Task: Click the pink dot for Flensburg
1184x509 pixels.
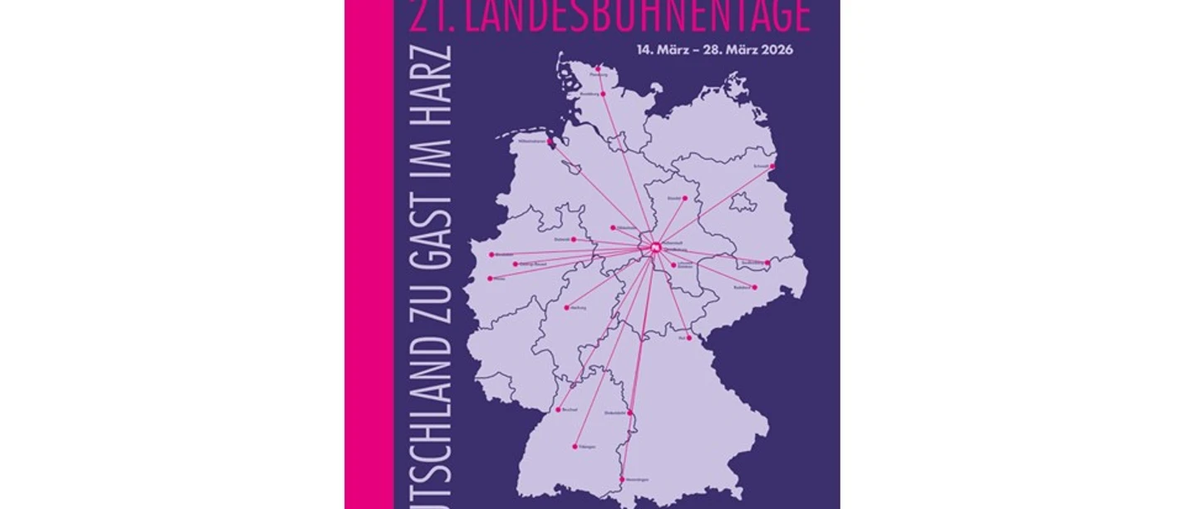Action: click(x=598, y=68)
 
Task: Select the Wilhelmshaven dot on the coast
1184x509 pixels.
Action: click(x=550, y=141)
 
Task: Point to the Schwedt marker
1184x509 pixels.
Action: click(x=772, y=166)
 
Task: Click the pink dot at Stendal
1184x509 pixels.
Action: click(x=685, y=198)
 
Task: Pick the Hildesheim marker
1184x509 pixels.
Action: click(x=613, y=227)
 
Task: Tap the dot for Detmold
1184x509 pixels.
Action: click(x=573, y=240)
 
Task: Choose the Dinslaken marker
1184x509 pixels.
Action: click(x=491, y=254)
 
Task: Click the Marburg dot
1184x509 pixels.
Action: click(x=566, y=308)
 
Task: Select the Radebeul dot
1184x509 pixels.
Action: click(x=754, y=288)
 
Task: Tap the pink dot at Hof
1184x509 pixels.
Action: click(x=688, y=338)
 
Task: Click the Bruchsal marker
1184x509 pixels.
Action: click(x=558, y=409)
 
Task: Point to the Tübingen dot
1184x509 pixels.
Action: click(x=575, y=447)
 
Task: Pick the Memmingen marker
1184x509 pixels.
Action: click(x=622, y=479)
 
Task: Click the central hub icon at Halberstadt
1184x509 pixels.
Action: click(x=655, y=246)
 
